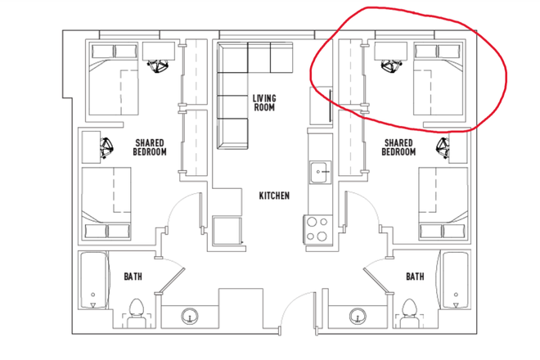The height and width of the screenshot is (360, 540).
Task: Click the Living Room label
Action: pos(264,102)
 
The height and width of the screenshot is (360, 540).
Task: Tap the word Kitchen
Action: pos(274,196)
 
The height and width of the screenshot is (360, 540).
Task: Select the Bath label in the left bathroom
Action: pos(133,277)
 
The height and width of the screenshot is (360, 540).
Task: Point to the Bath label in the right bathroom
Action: pos(415,277)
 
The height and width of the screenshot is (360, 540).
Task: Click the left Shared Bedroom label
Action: pos(150,147)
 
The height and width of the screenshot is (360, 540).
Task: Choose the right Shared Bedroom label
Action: pos(399,147)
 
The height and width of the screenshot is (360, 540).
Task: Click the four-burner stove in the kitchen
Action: pos(317,228)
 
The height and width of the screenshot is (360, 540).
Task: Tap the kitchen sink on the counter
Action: pos(317,173)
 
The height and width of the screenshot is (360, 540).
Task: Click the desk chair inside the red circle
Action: pos(391,65)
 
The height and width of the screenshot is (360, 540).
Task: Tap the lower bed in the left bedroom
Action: pos(107,205)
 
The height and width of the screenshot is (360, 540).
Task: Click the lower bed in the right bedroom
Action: pos(442,205)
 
